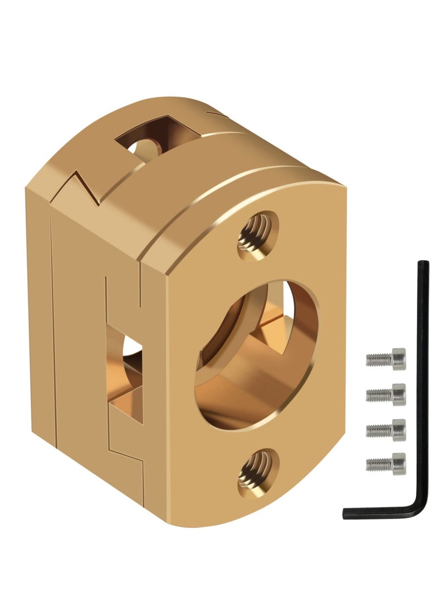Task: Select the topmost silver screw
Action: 386,359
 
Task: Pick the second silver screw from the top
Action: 386,394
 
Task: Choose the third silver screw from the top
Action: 386,428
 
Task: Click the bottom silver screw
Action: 386,463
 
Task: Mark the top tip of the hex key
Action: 422,263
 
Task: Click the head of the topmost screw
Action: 397,359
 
